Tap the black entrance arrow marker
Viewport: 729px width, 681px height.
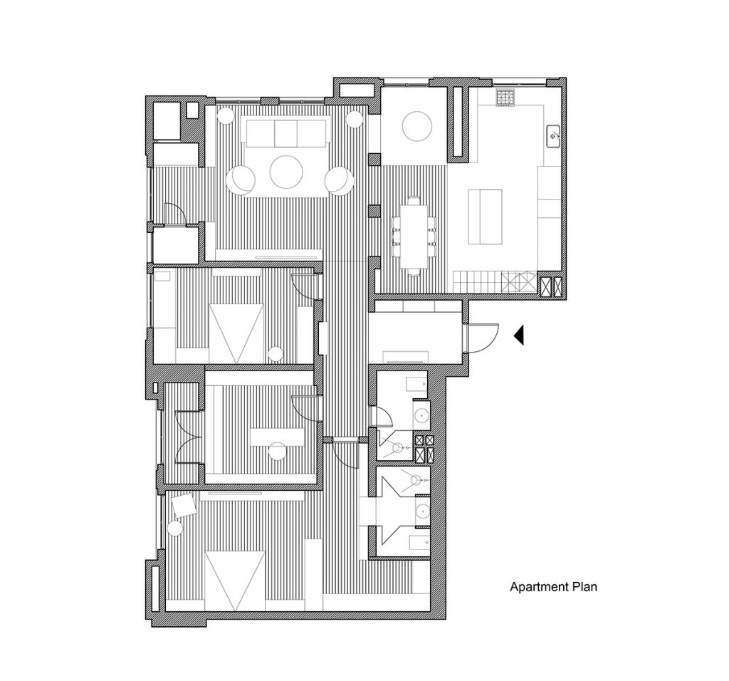(x=518, y=335)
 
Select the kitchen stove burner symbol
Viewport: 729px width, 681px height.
(x=505, y=97)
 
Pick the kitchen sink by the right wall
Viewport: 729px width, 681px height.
(x=552, y=136)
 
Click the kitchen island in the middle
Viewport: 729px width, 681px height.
(x=485, y=217)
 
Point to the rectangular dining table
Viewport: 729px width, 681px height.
(x=414, y=236)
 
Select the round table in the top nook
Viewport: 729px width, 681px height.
(x=417, y=126)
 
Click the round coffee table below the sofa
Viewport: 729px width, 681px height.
(x=286, y=172)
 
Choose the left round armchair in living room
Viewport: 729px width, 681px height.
(x=241, y=180)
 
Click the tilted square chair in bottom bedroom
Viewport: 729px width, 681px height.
(x=184, y=505)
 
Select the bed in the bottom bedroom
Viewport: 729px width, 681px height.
(x=235, y=581)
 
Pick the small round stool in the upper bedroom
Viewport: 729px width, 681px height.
(x=276, y=354)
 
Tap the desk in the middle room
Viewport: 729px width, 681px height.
(x=277, y=437)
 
